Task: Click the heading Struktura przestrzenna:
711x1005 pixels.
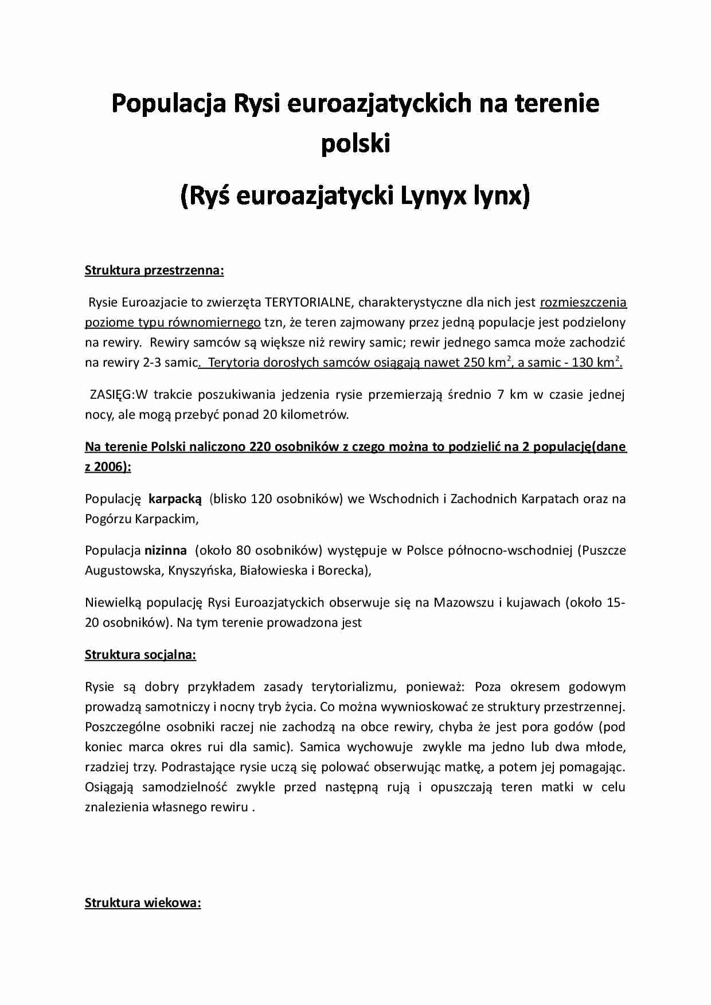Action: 154,270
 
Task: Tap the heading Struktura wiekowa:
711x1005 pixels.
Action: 143,903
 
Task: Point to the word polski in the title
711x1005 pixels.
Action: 355,144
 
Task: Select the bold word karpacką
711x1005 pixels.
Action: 175,498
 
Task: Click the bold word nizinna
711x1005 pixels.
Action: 165,550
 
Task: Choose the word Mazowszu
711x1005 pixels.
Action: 465,602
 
